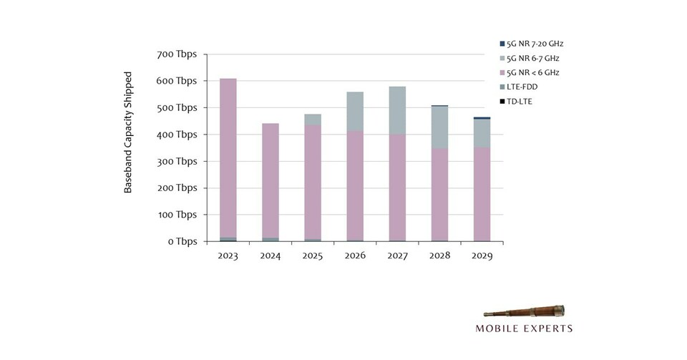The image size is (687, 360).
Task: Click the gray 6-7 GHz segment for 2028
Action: [x=439, y=127]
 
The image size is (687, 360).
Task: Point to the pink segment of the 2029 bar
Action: [x=482, y=194]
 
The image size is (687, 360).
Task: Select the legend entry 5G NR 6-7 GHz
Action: [x=532, y=58]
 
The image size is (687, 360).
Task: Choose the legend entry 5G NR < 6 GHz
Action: [x=532, y=72]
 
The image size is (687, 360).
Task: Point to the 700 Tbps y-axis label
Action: [x=176, y=55]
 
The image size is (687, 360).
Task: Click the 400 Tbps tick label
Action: [x=176, y=135]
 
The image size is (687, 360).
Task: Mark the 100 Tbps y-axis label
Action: [x=176, y=215]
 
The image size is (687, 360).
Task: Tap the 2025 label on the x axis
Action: [x=313, y=256]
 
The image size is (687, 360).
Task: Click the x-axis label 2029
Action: [x=482, y=256]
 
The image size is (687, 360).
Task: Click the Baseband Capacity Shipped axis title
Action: [x=129, y=132]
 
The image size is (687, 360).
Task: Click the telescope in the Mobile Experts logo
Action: [x=524, y=312]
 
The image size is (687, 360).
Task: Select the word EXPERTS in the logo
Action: [x=547, y=329]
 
